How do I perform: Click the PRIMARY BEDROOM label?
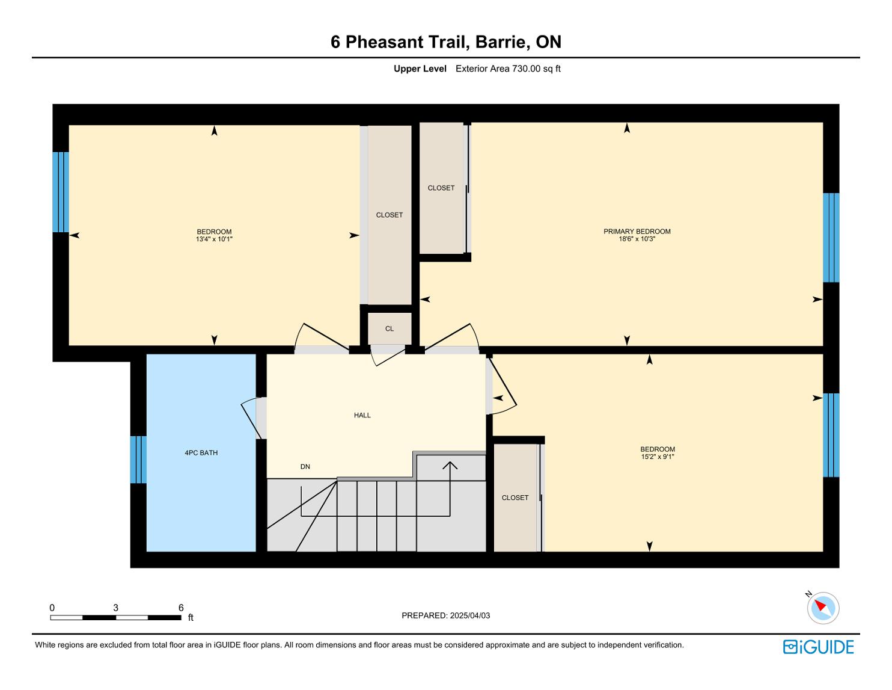(x=637, y=232)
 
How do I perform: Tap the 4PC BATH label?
(x=201, y=453)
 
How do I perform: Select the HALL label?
(x=362, y=415)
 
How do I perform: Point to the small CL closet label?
(x=389, y=328)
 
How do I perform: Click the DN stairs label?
(x=305, y=467)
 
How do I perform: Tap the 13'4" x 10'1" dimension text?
(x=214, y=239)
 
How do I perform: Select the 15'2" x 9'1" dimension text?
(x=657, y=457)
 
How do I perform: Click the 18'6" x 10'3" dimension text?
(x=637, y=239)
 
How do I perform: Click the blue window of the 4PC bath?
(x=138, y=460)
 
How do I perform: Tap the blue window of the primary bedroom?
(x=831, y=238)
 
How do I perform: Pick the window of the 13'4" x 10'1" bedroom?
(x=60, y=193)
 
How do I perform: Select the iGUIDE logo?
(x=818, y=647)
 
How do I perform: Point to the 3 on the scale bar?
(x=116, y=608)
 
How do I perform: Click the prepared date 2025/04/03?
(x=469, y=615)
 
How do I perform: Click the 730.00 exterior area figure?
(x=526, y=69)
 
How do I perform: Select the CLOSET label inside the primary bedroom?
(x=441, y=188)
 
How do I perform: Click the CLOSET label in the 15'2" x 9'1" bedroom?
(x=515, y=497)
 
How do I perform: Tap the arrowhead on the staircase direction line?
(x=450, y=465)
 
